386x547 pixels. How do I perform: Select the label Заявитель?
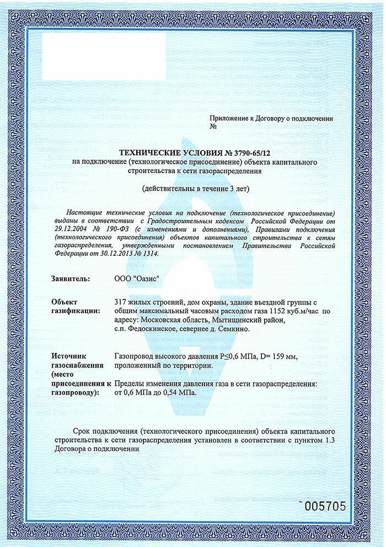point(70,280)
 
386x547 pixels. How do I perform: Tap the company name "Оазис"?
point(145,280)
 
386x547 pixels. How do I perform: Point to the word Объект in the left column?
point(65,302)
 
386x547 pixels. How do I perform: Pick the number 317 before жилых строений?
point(120,302)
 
